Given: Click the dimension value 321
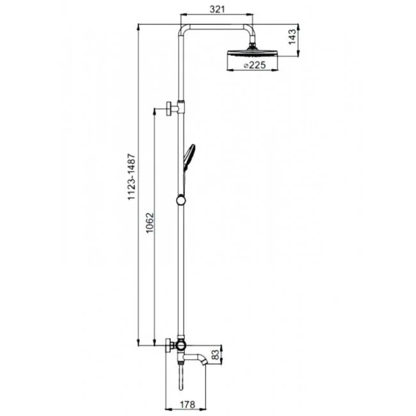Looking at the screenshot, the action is [x=217, y=9].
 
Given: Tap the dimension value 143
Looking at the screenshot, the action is [x=292, y=37].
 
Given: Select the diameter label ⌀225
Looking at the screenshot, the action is [x=255, y=65].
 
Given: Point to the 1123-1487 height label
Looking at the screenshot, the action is [x=132, y=177].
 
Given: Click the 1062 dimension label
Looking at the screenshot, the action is [x=150, y=222].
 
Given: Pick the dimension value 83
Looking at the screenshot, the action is [x=216, y=355].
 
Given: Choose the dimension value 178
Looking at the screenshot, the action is [x=188, y=404].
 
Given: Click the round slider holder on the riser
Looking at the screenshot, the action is [x=181, y=200].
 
